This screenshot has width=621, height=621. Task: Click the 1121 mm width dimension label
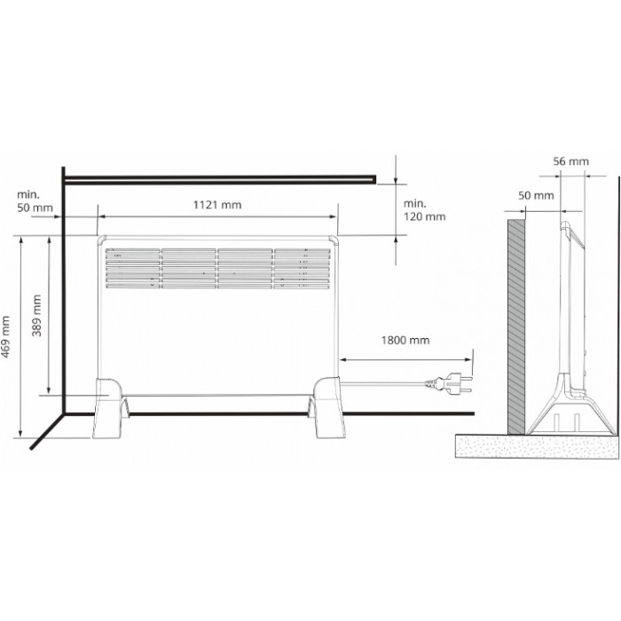pos(217,205)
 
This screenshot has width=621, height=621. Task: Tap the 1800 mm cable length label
pos(405,340)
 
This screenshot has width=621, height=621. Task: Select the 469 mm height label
pos(5,336)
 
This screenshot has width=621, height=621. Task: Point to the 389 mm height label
pos(36,315)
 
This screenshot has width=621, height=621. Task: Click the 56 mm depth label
pos(570,161)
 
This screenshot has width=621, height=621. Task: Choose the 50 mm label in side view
pos(536,195)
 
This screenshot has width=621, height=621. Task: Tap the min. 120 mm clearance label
pos(424,210)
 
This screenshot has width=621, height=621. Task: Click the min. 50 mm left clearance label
pos(35,200)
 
